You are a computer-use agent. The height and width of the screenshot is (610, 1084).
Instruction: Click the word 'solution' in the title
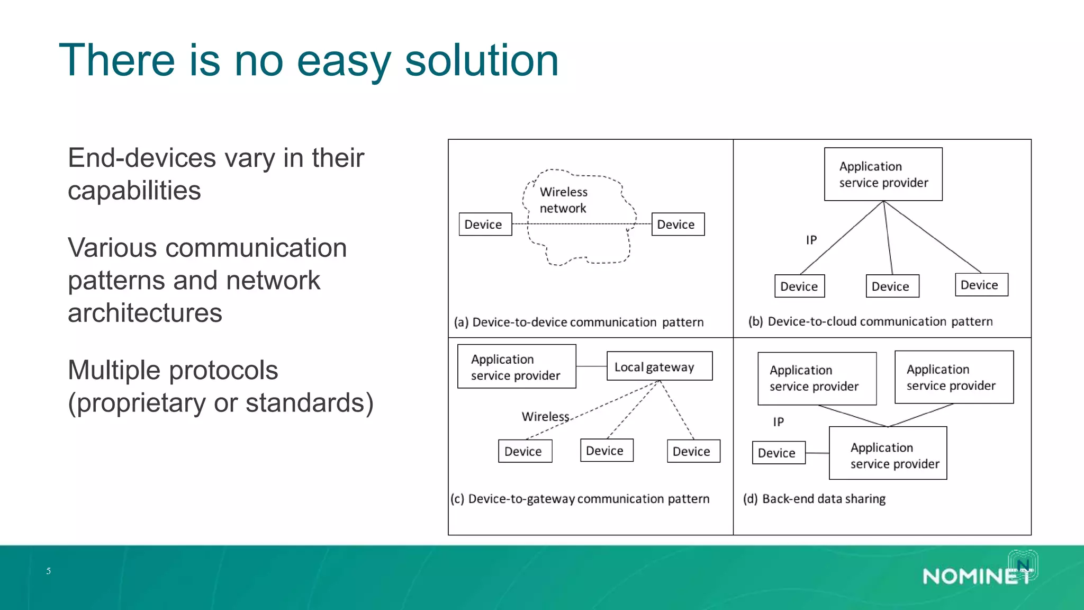[x=482, y=61]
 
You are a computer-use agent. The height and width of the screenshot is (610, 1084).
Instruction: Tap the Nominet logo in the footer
[x=978, y=575]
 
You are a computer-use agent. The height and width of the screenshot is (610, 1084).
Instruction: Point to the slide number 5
[x=49, y=571]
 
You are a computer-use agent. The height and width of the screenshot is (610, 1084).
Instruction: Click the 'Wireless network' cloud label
[x=563, y=200]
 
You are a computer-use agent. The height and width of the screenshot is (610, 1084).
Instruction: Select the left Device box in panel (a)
[x=485, y=224]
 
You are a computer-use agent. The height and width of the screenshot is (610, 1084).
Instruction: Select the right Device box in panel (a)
[x=677, y=224]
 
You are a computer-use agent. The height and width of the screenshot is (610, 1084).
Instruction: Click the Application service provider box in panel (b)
[x=883, y=174]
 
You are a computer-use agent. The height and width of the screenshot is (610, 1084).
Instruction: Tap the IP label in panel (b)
[x=811, y=240]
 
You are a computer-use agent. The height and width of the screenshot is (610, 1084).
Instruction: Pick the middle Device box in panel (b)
[x=892, y=286]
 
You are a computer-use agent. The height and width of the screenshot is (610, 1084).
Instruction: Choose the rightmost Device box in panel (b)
[x=981, y=285]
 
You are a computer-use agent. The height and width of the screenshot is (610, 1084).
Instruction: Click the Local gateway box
[x=659, y=366]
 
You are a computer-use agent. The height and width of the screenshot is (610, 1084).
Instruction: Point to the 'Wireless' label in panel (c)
[x=545, y=417]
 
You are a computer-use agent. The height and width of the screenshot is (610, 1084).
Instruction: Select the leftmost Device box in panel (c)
[x=525, y=451]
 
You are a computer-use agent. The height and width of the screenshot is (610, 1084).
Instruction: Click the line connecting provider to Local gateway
[x=591, y=366]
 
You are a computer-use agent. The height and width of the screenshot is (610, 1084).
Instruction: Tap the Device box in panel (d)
[x=778, y=453]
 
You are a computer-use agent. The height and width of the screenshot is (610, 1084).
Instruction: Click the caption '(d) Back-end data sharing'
[x=814, y=499]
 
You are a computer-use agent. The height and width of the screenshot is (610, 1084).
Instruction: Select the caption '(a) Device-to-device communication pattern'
[x=579, y=322]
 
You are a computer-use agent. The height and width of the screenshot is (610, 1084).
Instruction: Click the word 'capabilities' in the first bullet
[x=134, y=191]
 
